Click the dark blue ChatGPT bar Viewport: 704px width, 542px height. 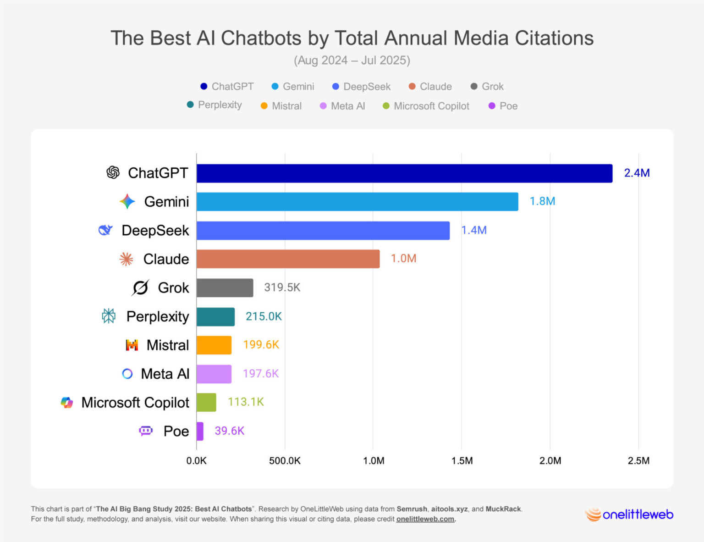[404, 173]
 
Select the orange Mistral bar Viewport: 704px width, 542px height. [214, 345]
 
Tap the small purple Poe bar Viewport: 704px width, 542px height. [200, 431]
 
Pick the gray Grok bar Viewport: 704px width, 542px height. [225, 288]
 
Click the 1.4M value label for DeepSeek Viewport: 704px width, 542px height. [473, 230]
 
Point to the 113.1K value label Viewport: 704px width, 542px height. [246, 402]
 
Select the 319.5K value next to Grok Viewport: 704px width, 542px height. [282, 288]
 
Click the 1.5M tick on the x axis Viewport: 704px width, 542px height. [462, 461]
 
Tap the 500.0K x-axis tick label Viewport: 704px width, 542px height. [285, 461]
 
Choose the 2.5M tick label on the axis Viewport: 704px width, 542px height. [638, 461]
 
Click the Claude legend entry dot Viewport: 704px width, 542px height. [412, 87]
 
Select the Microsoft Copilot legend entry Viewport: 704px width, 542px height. [426, 106]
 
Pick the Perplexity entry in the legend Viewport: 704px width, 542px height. [214, 105]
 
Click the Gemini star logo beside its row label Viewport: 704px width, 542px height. [127, 202]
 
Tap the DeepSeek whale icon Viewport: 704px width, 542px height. [105, 230]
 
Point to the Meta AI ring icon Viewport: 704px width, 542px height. [127, 374]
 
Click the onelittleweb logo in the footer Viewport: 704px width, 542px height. [629, 514]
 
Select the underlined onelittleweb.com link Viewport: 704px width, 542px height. [425, 519]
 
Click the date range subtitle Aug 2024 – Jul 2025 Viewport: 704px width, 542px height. [352, 61]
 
